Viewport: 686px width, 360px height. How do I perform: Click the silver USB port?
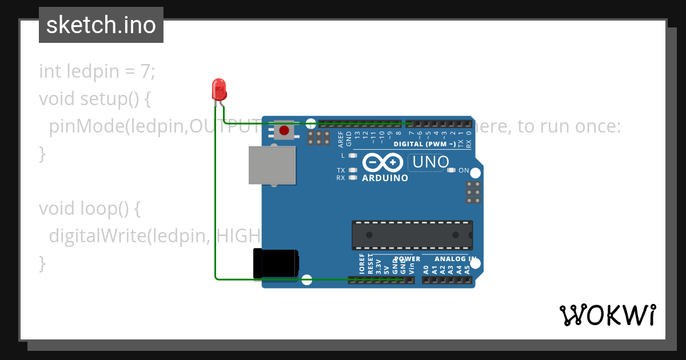[x=272, y=165]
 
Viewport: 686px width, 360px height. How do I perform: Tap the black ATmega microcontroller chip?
[x=412, y=235]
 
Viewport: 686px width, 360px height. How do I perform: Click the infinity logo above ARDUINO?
[x=382, y=164]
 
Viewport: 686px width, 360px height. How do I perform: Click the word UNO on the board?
[x=430, y=162]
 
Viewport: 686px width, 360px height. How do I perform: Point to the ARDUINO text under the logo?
[x=385, y=178]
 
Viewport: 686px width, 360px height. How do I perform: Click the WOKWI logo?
[x=607, y=315]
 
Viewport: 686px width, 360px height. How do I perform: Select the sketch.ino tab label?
[x=101, y=25]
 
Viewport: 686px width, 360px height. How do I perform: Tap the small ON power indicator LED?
[x=451, y=170]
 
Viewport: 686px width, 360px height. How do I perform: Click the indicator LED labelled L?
[x=352, y=155]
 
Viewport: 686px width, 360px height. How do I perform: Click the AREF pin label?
[x=341, y=137]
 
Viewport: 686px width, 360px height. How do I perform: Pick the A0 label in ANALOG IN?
[x=426, y=269]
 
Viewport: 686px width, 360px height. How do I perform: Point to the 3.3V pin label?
[x=378, y=267]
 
